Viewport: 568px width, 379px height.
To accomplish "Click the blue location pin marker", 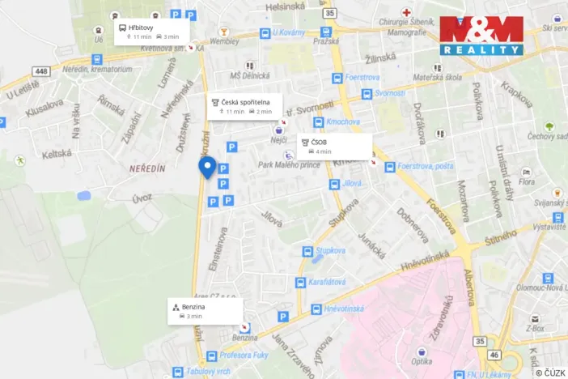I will pyautogui.click(x=207, y=168).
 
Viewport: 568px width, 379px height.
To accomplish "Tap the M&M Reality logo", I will pyautogui.click(x=481, y=35).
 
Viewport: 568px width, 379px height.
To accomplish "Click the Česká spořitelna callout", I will pyautogui.click(x=245, y=106).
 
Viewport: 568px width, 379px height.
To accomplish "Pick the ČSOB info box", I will pyautogui.click(x=335, y=146).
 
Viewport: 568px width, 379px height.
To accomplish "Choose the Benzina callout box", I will pyautogui.click(x=206, y=311).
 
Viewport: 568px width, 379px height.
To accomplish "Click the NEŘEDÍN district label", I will pyautogui.click(x=147, y=167).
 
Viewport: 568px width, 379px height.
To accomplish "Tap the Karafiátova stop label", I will pyautogui.click(x=326, y=283).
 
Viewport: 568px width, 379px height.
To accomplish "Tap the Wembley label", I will pyautogui.click(x=224, y=40).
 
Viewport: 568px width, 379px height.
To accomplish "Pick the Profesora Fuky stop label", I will pyautogui.click(x=244, y=356).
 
